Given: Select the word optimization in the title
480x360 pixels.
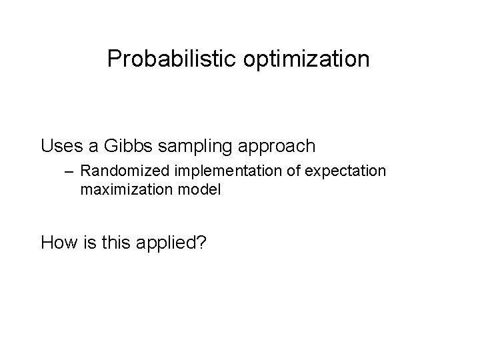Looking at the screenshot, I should (x=309, y=60).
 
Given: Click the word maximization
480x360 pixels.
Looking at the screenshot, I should (x=123, y=189).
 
